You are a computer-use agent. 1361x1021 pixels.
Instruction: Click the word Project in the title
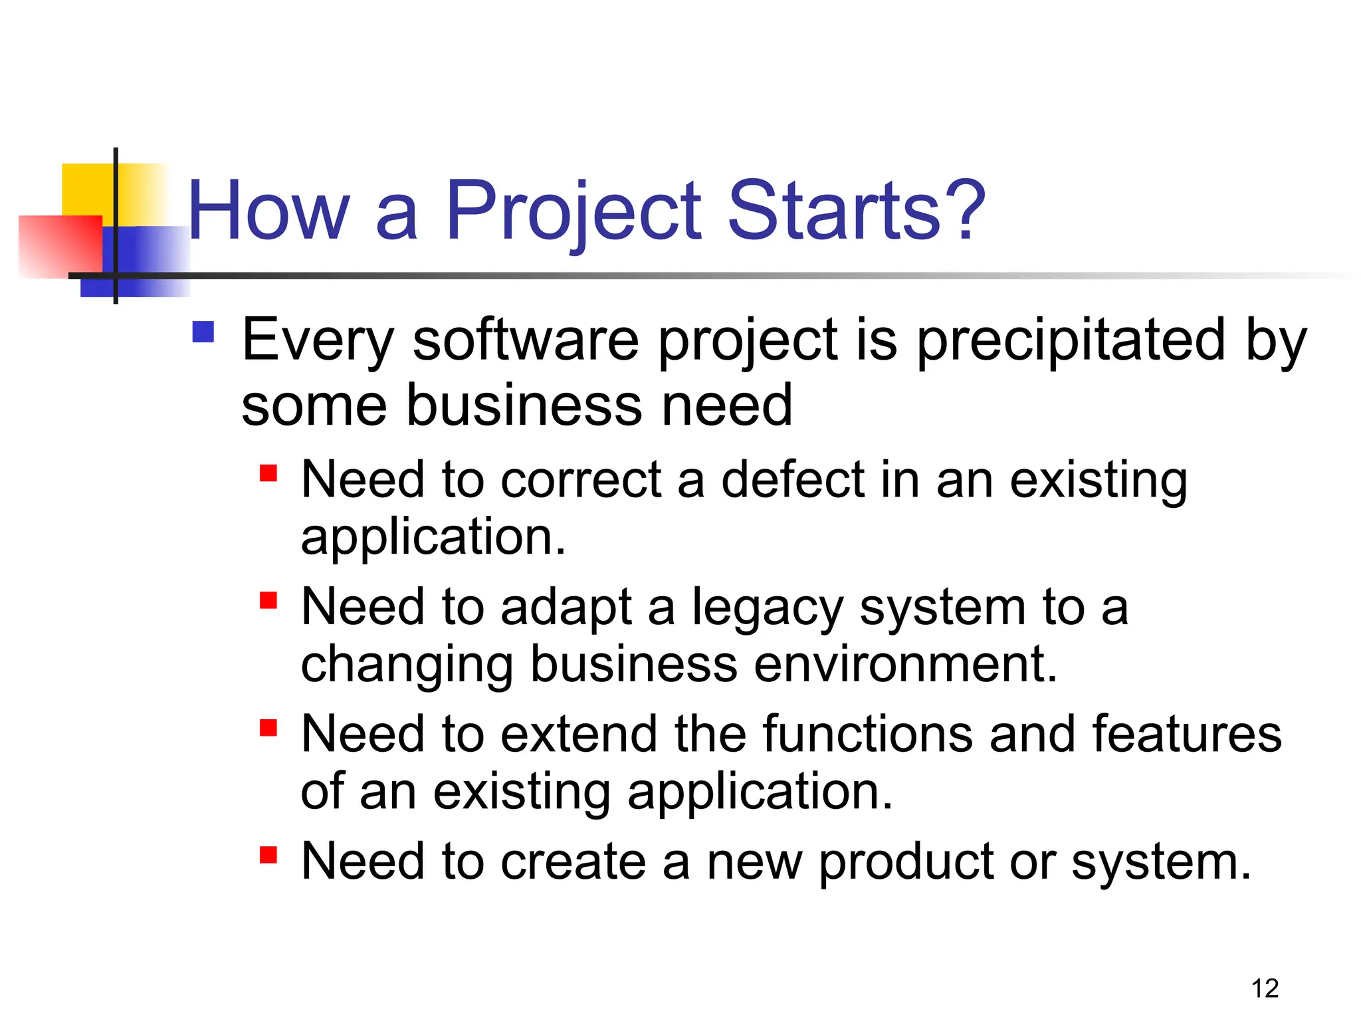click(573, 211)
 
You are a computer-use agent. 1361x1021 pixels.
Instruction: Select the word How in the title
click(268, 211)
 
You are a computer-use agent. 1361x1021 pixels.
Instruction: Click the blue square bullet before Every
click(203, 332)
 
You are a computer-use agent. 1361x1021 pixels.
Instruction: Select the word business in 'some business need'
click(524, 405)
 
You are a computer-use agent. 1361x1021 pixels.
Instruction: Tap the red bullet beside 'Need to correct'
click(268, 473)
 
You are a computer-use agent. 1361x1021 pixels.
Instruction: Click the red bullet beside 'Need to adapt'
click(268, 601)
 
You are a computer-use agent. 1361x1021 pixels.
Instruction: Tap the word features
click(1187, 734)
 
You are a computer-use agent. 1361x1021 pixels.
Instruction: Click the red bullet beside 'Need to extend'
click(268, 728)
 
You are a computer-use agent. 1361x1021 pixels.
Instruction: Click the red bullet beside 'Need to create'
click(268, 854)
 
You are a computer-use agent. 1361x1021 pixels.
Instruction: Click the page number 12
click(1265, 988)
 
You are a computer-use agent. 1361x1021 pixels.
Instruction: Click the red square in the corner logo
click(60, 246)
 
